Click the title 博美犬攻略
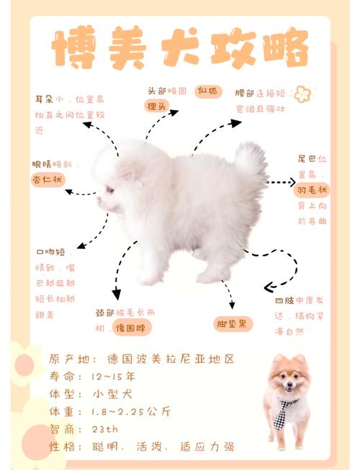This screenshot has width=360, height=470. [x=180, y=50]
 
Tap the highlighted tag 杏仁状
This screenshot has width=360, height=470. [x=48, y=179]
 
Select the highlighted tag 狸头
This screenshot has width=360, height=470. [x=156, y=107]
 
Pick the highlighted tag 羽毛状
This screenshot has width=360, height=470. [x=312, y=189]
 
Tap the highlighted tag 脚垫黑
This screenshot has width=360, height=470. [x=234, y=324]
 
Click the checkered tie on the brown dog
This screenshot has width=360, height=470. [x=285, y=412]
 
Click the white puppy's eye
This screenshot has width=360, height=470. [x=110, y=190]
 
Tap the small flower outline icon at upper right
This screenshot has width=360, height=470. [x=302, y=94]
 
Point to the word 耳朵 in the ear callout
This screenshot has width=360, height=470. [x=44, y=99]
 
